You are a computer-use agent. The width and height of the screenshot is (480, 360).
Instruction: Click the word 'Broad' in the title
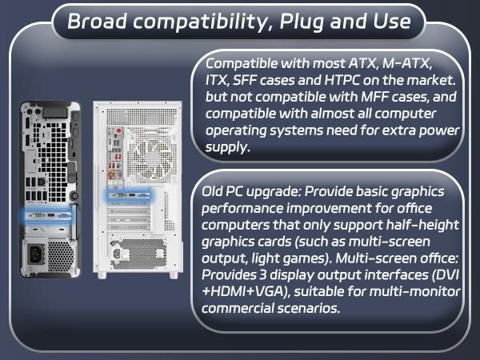(93, 22)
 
